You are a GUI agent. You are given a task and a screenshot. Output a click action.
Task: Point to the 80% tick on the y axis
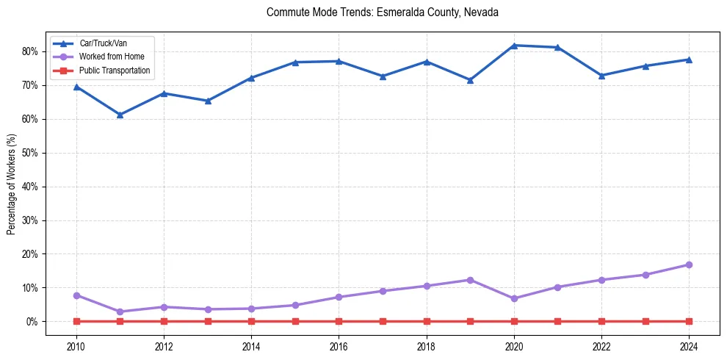click(30, 51)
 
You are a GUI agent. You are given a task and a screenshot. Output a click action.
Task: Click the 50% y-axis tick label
click(30, 153)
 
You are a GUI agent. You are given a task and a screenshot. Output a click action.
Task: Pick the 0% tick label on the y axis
click(32, 322)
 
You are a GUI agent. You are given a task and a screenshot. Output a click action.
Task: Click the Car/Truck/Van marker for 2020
click(514, 46)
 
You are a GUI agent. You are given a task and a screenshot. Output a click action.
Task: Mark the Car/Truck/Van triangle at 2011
click(120, 115)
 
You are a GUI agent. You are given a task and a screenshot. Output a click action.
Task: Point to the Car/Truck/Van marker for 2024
click(689, 60)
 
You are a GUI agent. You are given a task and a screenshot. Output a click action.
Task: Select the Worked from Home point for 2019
click(470, 280)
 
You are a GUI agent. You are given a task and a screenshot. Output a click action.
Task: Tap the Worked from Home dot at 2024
click(689, 264)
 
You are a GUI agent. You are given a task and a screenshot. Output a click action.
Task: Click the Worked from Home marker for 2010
click(76, 295)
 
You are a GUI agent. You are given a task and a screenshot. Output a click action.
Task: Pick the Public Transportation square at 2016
click(339, 321)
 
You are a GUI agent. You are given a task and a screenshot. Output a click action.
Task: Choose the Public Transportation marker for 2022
click(601, 321)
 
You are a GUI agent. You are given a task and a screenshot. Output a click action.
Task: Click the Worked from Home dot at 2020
click(514, 298)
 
